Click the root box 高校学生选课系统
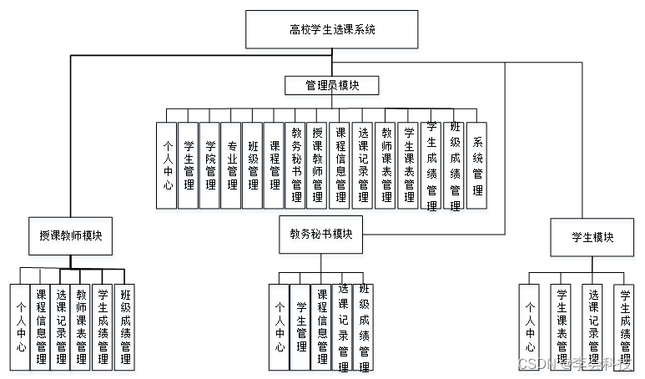tap(332, 29)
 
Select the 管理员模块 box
tap(332, 85)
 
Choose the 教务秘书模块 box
tap(321, 235)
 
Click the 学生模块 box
tap(592, 237)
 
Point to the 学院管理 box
tap(210, 165)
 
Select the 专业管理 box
tap(232, 165)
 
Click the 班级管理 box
tap(253, 165)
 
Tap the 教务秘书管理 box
tap(296, 165)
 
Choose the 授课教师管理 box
tap(318, 165)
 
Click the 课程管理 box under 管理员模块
tap(275, 165)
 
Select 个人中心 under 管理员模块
tap(167, 165)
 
